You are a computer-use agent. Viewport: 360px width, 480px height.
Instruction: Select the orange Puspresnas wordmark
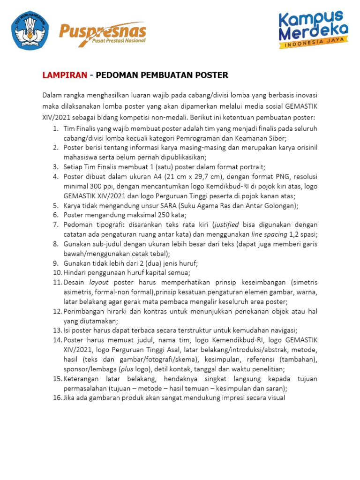[103, 31]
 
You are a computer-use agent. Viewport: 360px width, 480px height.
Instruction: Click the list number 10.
[56, 273]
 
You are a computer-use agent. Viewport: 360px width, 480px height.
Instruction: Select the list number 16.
[56, 398]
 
